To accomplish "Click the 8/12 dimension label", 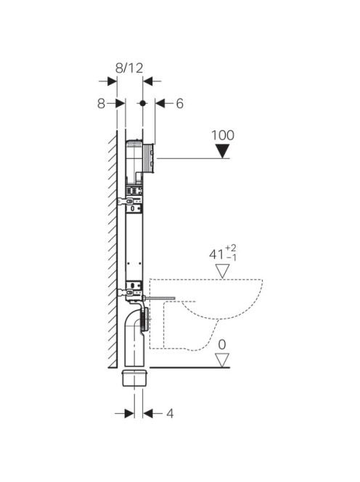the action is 129,68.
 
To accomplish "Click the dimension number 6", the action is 179,104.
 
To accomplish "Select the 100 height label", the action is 223,135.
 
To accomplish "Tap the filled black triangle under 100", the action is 222,152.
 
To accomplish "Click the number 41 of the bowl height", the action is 216,254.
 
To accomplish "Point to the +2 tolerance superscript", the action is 231,248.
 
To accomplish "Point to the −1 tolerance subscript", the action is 231,258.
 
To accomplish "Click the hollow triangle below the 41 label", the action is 222,271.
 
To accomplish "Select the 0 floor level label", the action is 222,345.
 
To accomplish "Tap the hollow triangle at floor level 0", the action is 222,360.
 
